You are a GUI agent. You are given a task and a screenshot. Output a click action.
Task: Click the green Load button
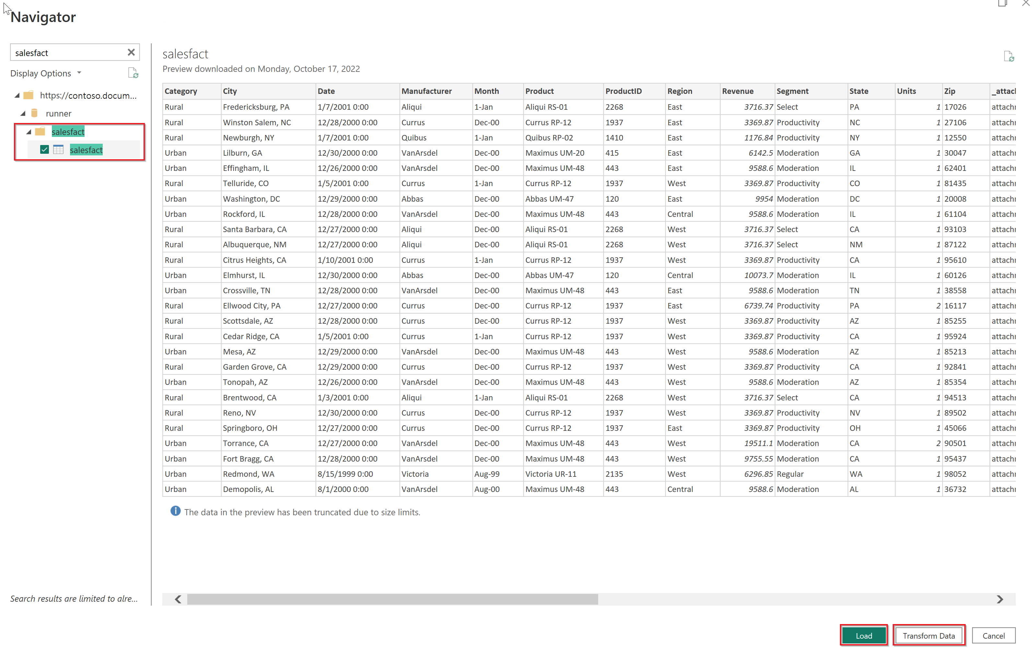point(863,635)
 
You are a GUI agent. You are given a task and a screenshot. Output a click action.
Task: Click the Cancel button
point(993,635)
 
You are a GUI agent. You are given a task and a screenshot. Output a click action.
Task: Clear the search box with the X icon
point(131,52)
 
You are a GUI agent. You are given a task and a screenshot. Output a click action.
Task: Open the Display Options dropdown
point(46,73)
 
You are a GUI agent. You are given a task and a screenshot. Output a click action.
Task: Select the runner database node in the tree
point(58,114)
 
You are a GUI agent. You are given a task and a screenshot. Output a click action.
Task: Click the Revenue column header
point(737,91)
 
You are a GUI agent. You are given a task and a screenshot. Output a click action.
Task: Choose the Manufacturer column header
point(426,91)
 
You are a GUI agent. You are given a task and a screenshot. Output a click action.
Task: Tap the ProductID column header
point(623,91)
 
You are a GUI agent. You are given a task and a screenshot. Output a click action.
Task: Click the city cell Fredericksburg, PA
point(256,107)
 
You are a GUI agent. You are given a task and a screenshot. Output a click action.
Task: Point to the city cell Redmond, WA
point(249,474)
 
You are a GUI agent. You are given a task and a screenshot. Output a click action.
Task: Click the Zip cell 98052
point(955,474)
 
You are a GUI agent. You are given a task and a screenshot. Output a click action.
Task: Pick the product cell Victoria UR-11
point(551,474)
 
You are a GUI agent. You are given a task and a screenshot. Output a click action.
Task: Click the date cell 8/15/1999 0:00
point(345,474)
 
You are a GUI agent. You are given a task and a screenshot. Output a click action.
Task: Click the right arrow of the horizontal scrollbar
point(1000,599)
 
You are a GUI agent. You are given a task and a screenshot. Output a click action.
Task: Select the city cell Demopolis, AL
point(248,489)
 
